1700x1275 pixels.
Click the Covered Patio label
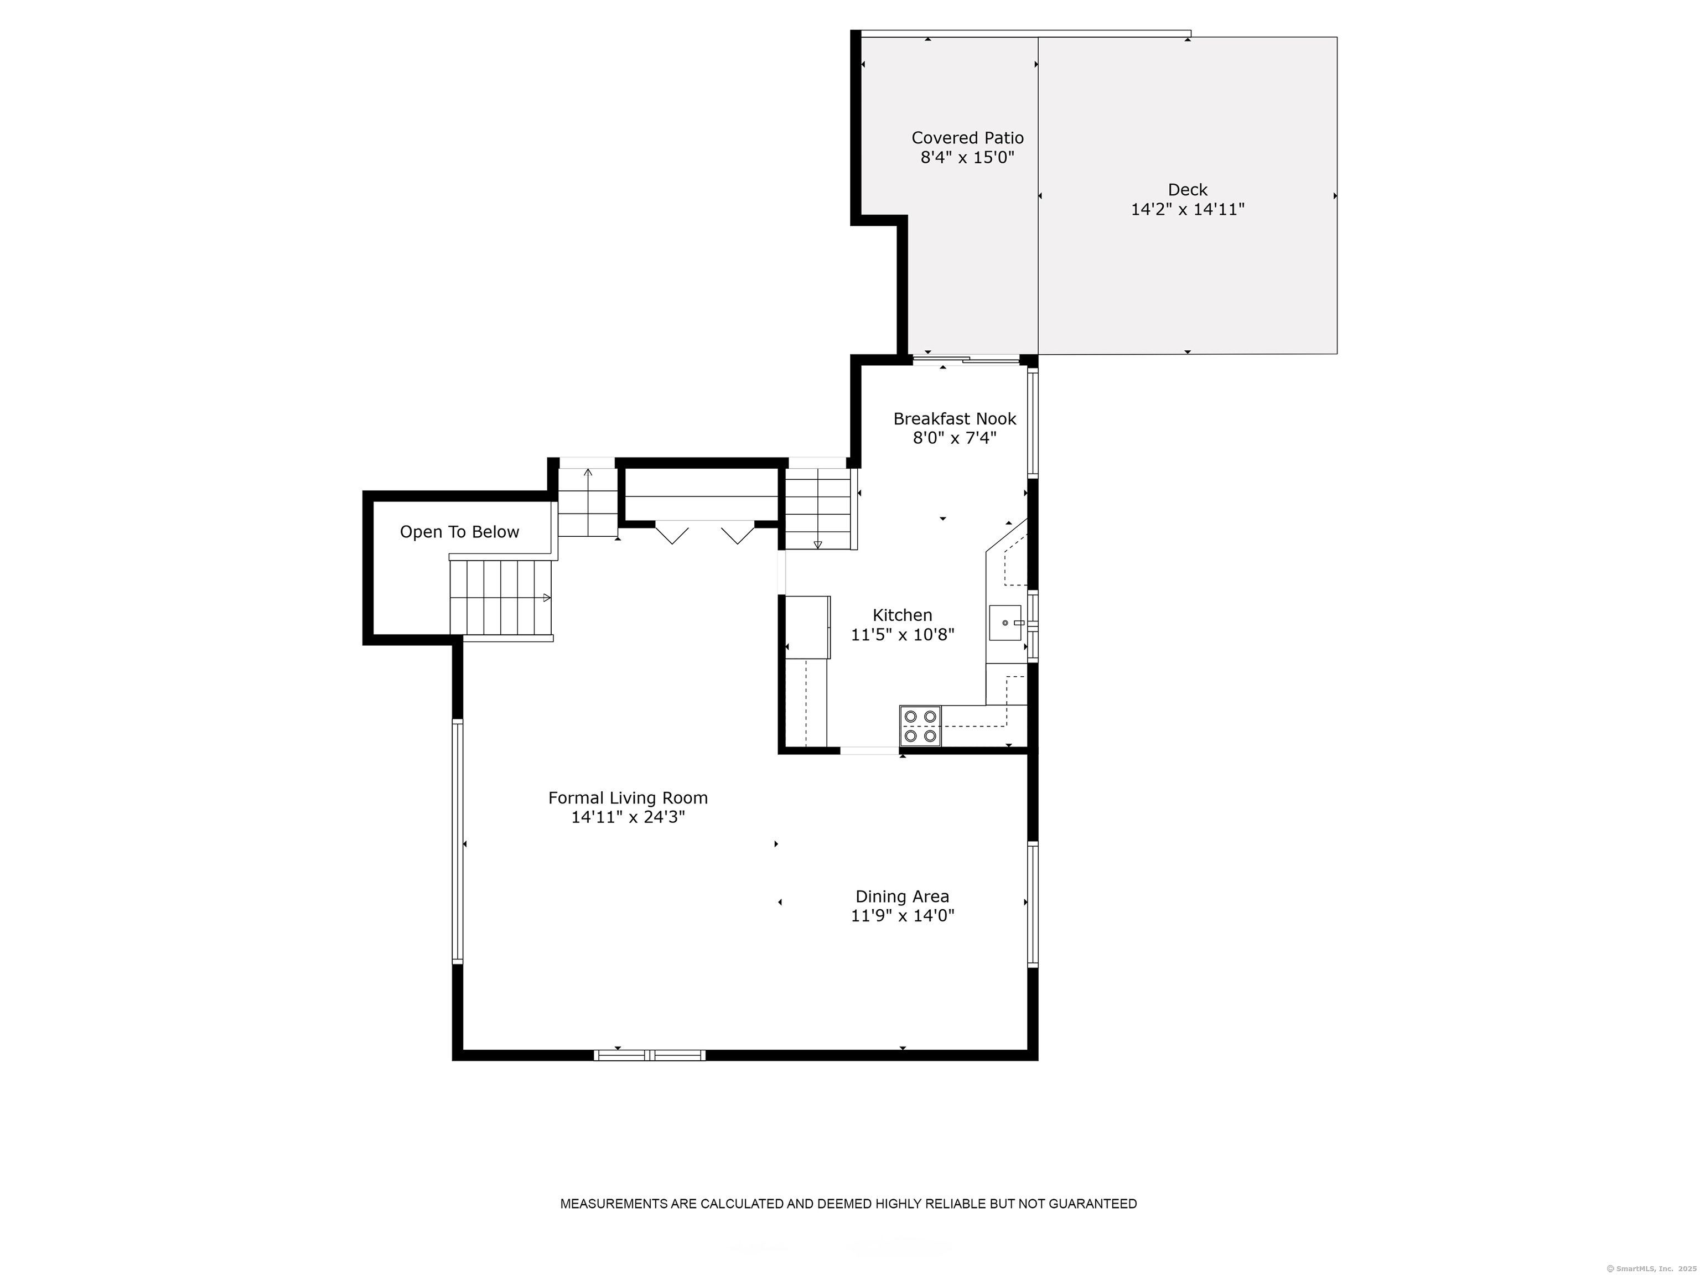[x=967, y=138]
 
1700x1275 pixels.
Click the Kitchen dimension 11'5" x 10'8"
[x=901, y=635]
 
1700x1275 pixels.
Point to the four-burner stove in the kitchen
[x=919, y=726]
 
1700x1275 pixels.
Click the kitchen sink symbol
[x=1004, y=623]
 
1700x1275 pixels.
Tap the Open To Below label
[x=459, y=532]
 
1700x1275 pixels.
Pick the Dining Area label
[x=901, y=896]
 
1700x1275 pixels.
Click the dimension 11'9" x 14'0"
[x=901, y=916]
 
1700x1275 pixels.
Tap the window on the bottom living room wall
[x=650, y=1055]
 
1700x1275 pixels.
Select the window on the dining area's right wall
[x=1033, y=904]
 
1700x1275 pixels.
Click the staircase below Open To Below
[x=501, y=598]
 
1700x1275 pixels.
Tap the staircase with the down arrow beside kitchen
[x=818, y=509]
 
